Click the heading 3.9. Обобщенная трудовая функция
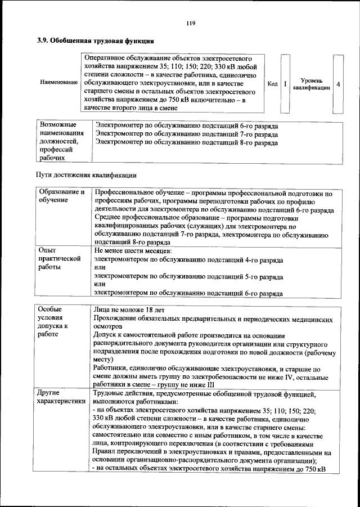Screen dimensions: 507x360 click(x=96, y=41)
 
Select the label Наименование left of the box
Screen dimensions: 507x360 click(x=58, y=83)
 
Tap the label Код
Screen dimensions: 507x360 click(x=273, y=84)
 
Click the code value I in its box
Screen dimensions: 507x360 click(x=285, y=84)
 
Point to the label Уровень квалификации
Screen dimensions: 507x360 click(x=312, y=84)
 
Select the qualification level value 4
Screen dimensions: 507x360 click(x=337, y=84)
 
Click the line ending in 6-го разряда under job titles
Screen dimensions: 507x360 click(x=186, y=125)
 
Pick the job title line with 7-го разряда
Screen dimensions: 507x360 click(x=186, y=134)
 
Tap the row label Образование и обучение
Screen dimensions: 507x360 click(x=61, y=197)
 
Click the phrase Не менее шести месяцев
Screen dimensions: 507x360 click(x=133, y=250)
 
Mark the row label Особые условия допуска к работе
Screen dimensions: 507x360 click(x=53, y=321)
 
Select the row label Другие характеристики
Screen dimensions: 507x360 click(x=61, y=397)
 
